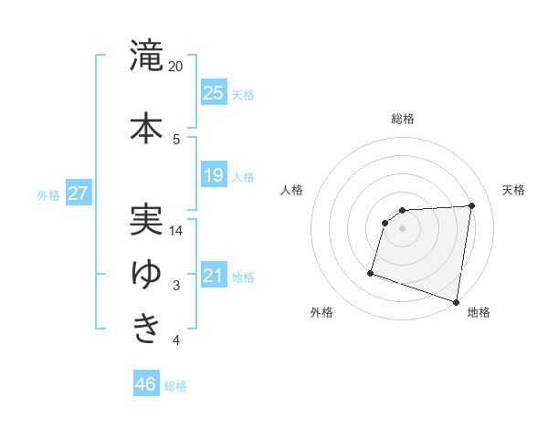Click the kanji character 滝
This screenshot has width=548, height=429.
(x=146, y=56)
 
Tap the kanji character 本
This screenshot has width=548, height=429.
(x=146, y=127)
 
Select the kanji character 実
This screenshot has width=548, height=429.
(x=146, y=219)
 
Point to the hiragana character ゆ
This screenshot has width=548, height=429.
(x=146, y=273)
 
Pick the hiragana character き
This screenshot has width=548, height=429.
(x=146, y=327)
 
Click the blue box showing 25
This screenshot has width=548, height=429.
(x=214, y=93)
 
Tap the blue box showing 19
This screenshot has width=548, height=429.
(x=214, y=175)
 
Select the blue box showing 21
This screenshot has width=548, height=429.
(x=214, y=276)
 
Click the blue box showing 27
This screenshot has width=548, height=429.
(x=78, y=194)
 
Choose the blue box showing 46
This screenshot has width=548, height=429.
(x=146, y=383)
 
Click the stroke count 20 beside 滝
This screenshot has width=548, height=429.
(x=176, y=67)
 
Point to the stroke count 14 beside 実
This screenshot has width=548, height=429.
(x=176, y=231)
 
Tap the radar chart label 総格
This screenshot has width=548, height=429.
(x=402, y=119)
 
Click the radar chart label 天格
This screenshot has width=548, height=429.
(x=513, y=190)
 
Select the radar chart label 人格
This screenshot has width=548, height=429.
(x=291, y=190)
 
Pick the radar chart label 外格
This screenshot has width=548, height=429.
(x=321, y=312)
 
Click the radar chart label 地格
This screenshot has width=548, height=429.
(x=479, y=312)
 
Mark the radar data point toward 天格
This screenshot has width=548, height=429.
(x=471, y=205)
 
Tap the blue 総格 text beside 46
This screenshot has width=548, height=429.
(x=175, y=385)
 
